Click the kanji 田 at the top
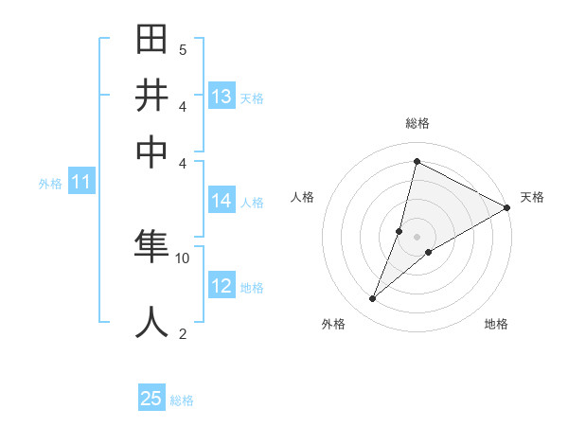coord(154,41)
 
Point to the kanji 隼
coord(154,248)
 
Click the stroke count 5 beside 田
coord(183,49)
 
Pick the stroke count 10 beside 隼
coord(183,258)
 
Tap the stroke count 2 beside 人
coord(183,332)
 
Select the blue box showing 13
coord(222,97)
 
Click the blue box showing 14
coord(222,201)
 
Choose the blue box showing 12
coord(222,286)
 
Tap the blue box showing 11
coord(80,183)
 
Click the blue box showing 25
coord(151,400)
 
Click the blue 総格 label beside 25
coord(183,400)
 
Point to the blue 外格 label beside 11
coord(50,184)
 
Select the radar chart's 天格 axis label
coord(532,197)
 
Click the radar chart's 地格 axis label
coord(496,325)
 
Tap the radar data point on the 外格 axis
coord(373,299)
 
